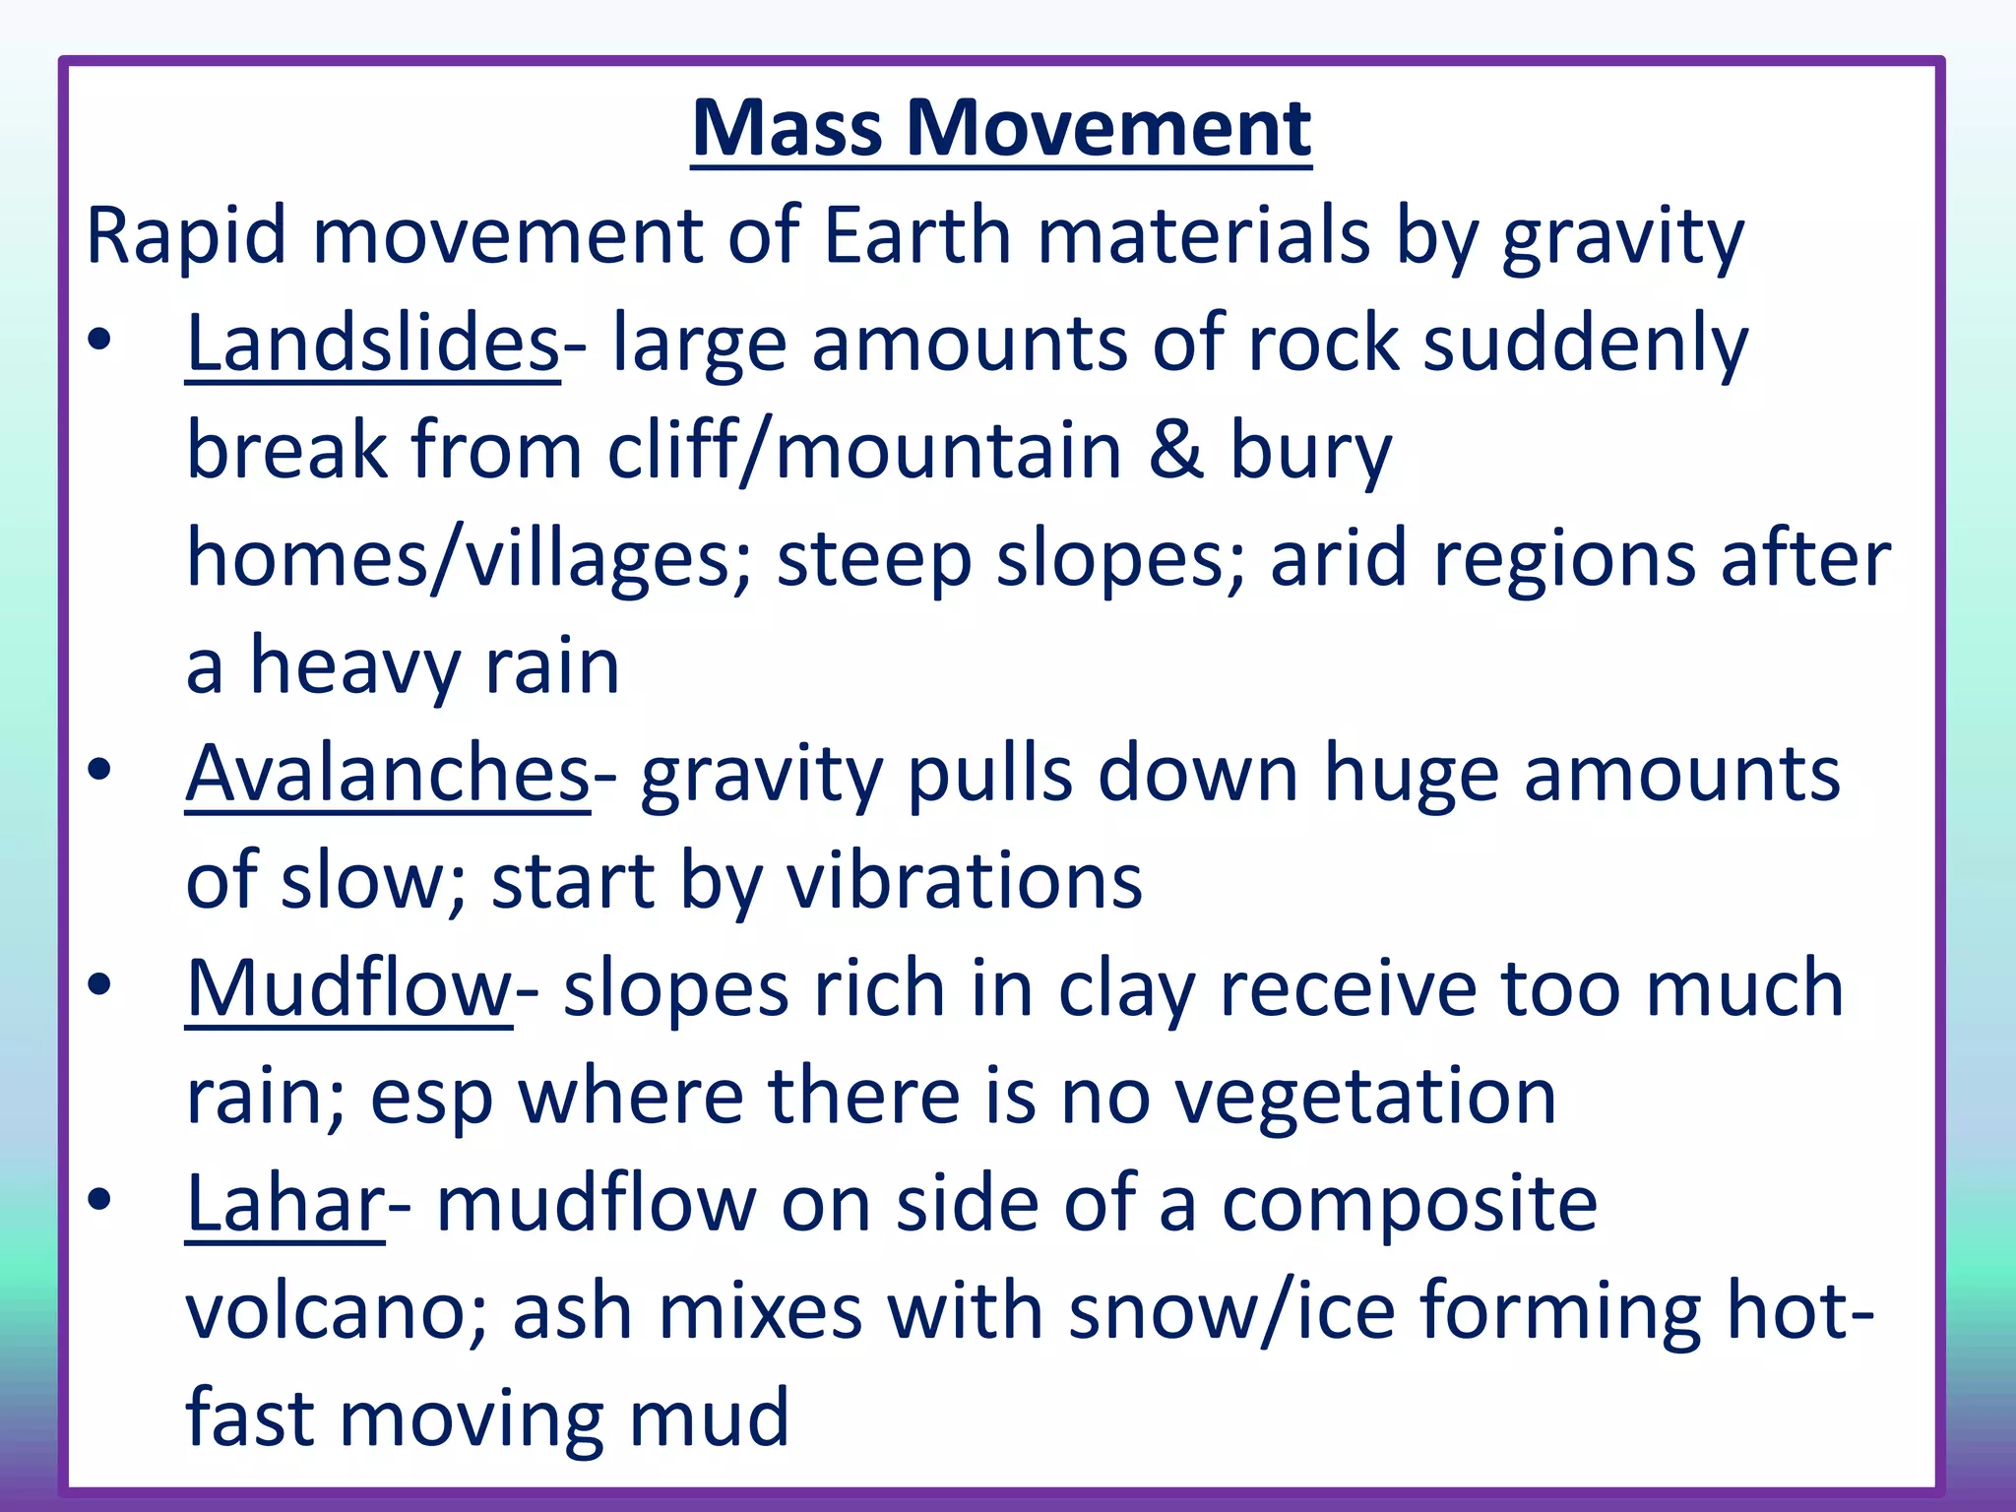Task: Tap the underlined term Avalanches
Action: tap(388, 774)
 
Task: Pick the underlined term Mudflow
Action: tap(348, 988)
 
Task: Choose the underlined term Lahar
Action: tap(285, 1203)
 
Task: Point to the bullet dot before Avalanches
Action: tap(99, 770)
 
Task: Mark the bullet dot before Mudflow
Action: tap(99, 984)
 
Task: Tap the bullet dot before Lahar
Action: tap(99, 1199)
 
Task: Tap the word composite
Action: tap(1409, 1205)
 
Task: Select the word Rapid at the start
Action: tap(186, 236)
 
